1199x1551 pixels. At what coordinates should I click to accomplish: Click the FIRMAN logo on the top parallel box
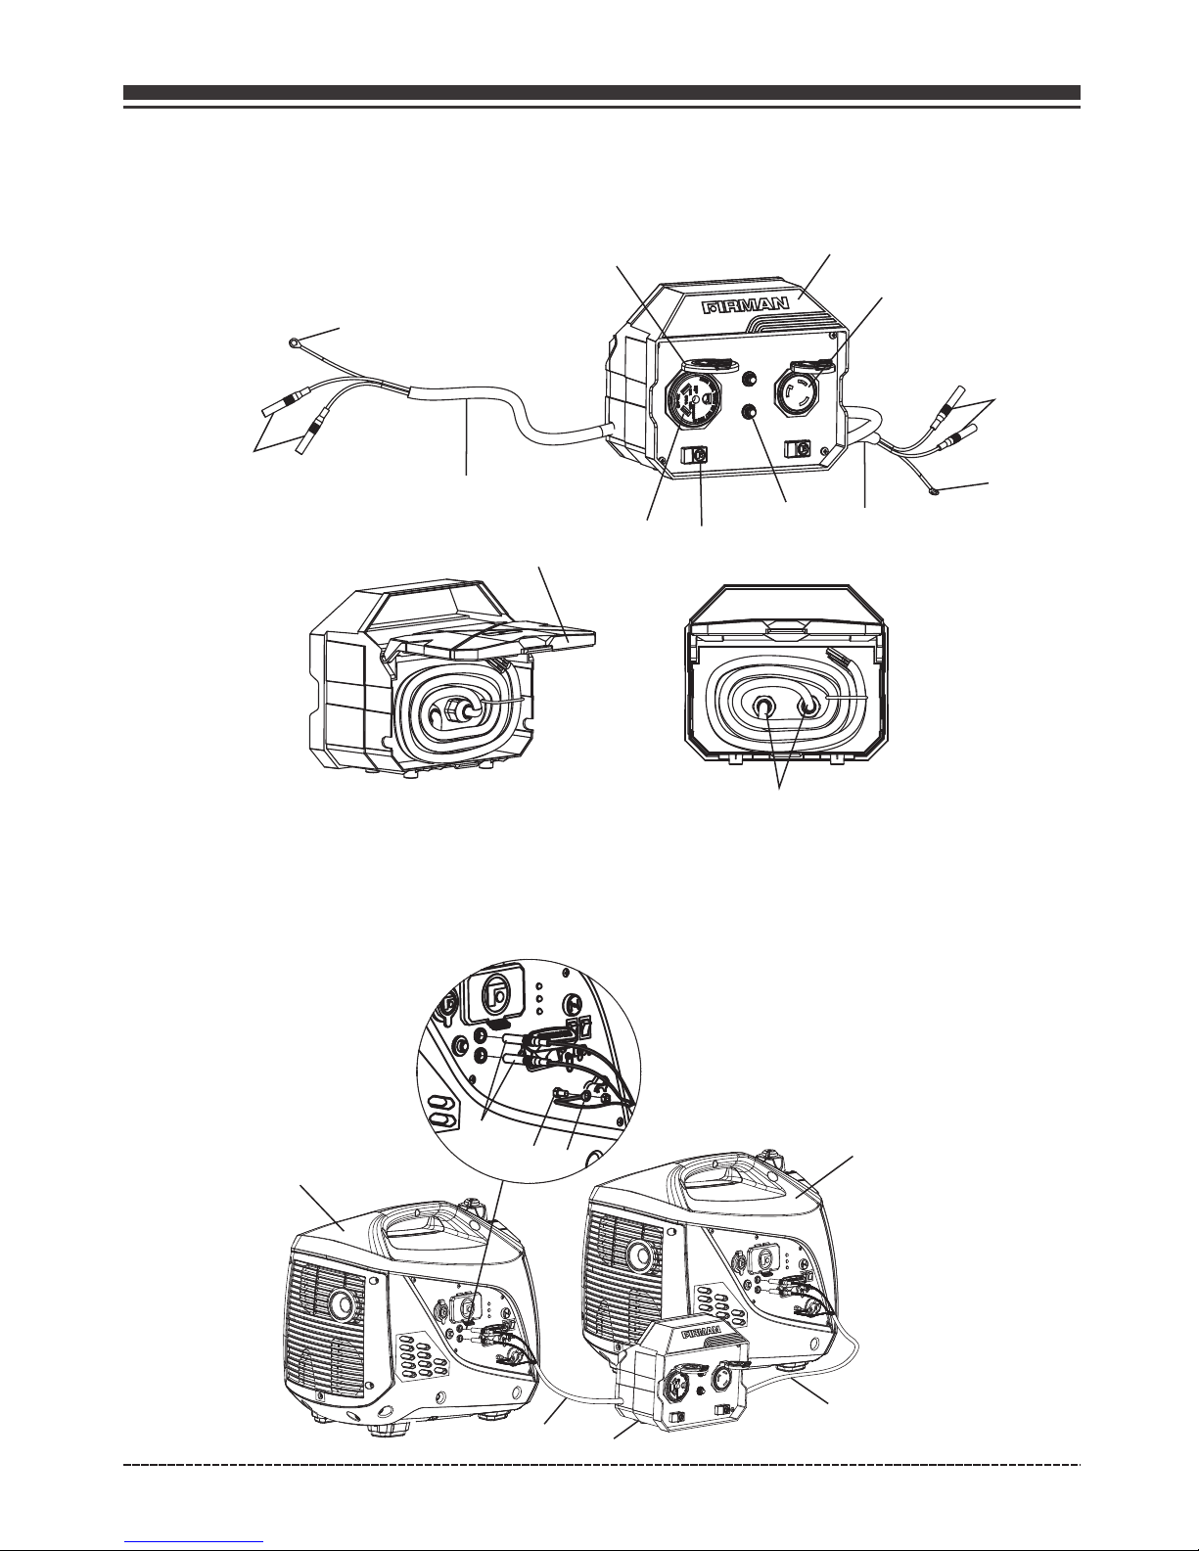point(746,306)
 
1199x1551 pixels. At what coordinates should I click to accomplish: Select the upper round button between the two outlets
point(749,378)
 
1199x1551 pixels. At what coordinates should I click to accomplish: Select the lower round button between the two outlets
point(750,412)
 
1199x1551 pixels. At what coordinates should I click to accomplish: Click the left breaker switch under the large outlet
point(694,454)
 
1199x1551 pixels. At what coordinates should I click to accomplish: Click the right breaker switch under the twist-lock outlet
point(797,448)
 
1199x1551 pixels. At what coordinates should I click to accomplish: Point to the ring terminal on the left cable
point(294,344)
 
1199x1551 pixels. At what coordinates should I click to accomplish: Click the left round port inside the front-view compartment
point(762,707)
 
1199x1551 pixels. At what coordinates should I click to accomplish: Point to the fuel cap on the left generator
point(470,1204)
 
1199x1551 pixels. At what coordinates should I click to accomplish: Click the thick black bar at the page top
point(602,93)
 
